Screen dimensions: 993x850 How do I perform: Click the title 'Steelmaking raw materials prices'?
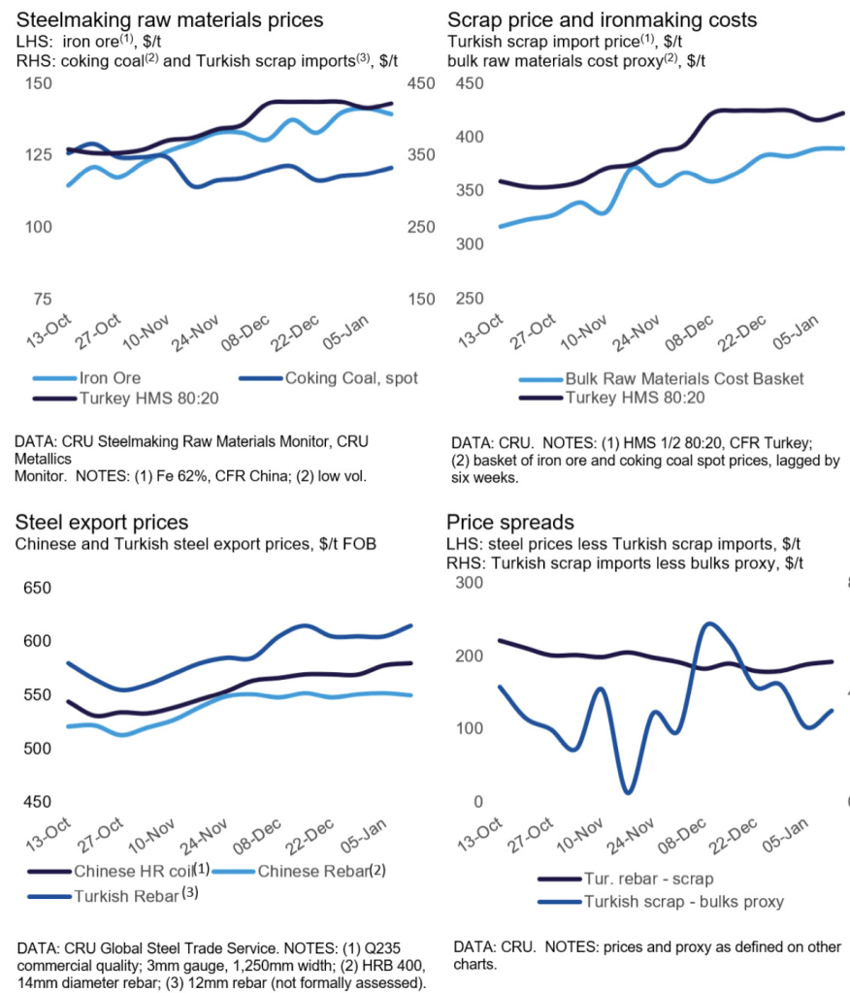click(x=169, y=19)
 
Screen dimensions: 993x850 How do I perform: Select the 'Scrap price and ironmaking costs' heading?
click(x=603, y=19)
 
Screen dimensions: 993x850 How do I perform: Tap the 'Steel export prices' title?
click(x=102, y=524)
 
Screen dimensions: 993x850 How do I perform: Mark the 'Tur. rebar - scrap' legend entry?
click(x=647, y=880)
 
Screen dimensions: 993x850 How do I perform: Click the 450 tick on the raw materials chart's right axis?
click(x=419, y=83)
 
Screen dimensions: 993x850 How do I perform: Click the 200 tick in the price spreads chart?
click(x=471, y=656)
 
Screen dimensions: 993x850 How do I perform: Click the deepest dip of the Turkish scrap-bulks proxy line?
click(x=628, y=793)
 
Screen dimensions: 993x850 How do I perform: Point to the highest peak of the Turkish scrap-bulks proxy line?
click(x=708, y=624)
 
